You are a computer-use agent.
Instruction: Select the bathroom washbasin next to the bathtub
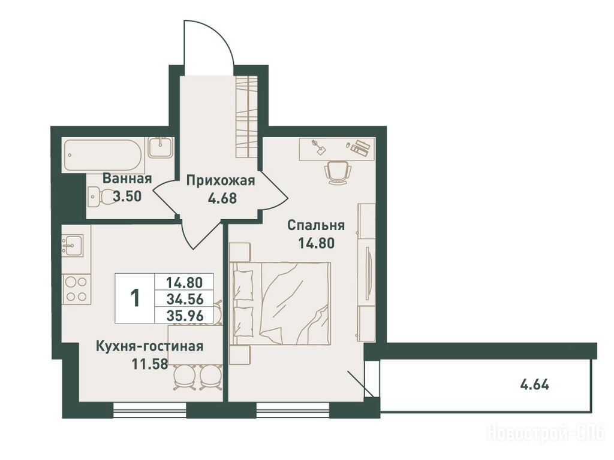click(x=160, y=147)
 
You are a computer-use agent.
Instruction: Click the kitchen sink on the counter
click(x=73, y=245)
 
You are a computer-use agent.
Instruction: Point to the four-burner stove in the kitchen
click(x=76, y=289)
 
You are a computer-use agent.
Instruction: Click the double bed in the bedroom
click(x=280, y=304)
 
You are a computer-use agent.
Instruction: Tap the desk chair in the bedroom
click(x=337, y=172)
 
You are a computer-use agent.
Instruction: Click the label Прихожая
click(x=221, y=181)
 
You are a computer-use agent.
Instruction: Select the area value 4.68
click(x=222, y=198)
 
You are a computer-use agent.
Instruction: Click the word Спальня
click(x=316, y=225)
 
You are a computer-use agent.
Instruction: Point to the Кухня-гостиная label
click(x=150, y=346)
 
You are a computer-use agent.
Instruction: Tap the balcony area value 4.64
click(x=534, y=385)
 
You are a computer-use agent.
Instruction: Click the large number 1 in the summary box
click(x=135, y=298)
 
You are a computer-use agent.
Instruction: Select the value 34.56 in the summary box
click(x=185, y=299)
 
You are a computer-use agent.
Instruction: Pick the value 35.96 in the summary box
click(x=185, y=315)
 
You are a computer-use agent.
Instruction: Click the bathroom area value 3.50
click(x=127, y=196)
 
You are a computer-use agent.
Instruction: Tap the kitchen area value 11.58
click(x=150, y=364)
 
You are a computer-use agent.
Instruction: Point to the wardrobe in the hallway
click(x=246, y=117)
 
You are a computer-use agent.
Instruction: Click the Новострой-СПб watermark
click(x=546, y=432)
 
